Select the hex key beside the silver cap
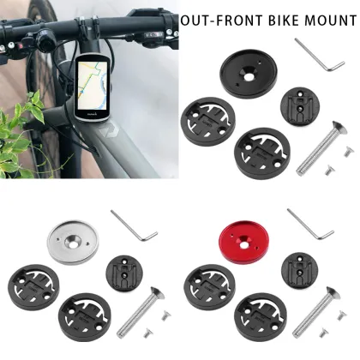[136, 226]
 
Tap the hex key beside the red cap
[312, 226]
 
